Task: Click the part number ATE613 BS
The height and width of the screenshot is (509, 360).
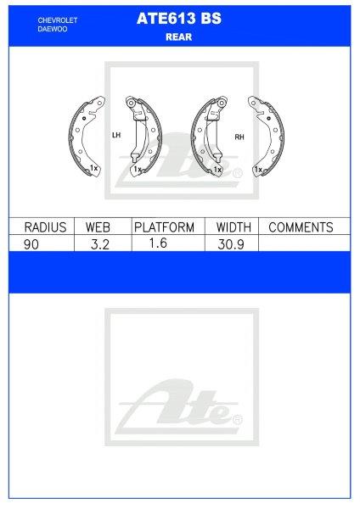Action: coord(179,19)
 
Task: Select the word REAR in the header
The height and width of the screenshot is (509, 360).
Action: coord(178,37)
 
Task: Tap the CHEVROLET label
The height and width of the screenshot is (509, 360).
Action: coord(58,20)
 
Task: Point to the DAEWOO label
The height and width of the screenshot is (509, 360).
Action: coord(53,29)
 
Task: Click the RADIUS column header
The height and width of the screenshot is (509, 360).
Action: coord(45,227)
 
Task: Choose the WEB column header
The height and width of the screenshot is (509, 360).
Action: coord(98,227)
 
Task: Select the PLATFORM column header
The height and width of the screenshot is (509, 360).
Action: coord(165,227)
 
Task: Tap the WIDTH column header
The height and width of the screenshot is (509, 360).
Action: coord(233,227)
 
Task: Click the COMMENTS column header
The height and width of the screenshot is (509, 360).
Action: coord(301,227)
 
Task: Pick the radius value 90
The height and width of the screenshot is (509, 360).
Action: coord(31,244)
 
